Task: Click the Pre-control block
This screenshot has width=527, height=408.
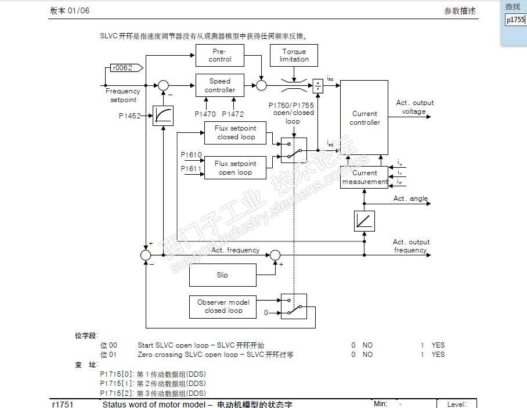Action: point(220,55)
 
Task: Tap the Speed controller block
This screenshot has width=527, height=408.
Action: point(220,85)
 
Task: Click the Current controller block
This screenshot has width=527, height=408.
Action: point(364,118)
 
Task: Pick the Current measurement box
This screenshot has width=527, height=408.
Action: point(364,177)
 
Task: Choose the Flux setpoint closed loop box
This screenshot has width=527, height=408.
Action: point(236,132)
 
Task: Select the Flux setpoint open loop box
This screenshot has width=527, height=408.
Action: point(236,168)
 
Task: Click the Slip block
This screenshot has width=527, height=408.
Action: point(222,275)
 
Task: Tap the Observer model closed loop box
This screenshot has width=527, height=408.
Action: point(223,306)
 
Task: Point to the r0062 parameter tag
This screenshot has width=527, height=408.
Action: point(123,68)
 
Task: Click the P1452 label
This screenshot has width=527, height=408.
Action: point(130,116)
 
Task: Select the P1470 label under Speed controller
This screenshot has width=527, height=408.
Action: point(205,114)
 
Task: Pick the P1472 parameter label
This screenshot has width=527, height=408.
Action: point(233,114)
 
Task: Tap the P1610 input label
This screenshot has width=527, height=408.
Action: point(191,155)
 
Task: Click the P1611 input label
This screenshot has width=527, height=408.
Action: point(191,168)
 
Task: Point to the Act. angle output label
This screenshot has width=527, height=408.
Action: point(410,198)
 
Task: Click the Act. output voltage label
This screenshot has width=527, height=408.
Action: point(414,107)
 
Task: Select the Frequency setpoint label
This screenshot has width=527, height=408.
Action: point(123,95)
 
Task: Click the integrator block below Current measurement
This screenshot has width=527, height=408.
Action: point(364,221)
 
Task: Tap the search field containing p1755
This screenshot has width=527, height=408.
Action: point(515,20)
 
